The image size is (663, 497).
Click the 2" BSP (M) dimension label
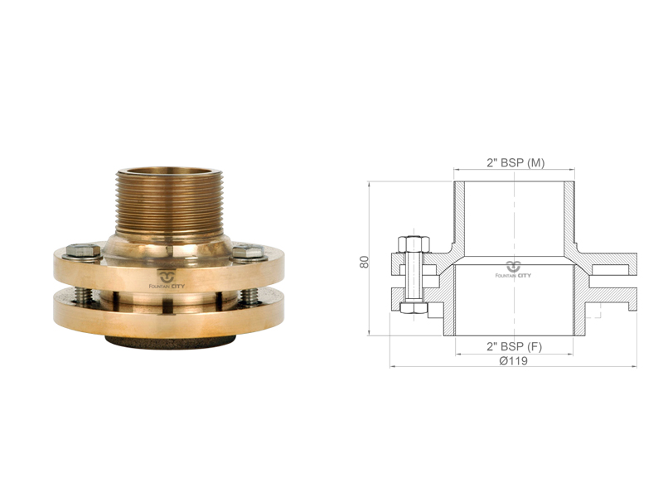click(x=515, y=162)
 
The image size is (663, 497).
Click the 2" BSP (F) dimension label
click(x=514, y=346)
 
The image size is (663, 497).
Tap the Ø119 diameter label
click(x=513, y=361)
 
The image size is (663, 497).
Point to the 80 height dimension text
click(x=364, y=262)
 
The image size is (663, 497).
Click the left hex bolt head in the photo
click(x=84, y=251)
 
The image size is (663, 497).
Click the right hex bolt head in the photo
click(x=249, y=252)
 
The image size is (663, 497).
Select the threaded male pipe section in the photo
click(x=169, y=202)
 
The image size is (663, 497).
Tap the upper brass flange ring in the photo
click(x=169, y=271)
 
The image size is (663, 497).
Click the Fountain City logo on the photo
click(x=167, y=280)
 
